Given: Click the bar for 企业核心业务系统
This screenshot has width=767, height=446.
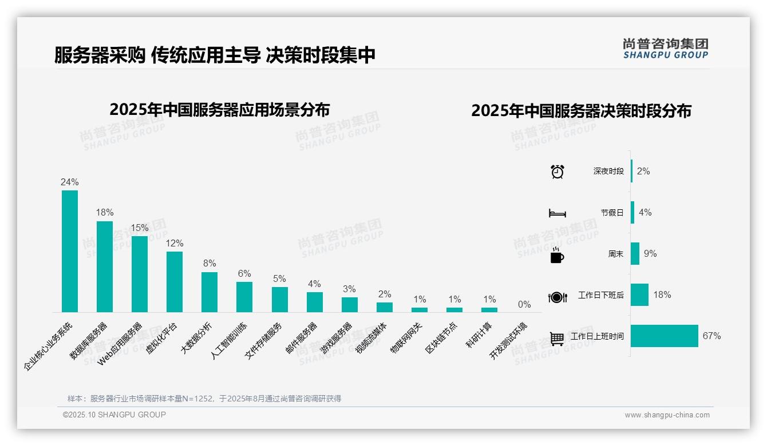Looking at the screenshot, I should coord(70,251).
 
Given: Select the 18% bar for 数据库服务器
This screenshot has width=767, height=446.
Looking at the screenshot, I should coord(105,266).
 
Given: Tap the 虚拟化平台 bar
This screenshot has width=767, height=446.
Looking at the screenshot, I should coord(175,281).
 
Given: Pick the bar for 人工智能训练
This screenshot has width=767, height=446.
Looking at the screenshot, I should coord(244,297).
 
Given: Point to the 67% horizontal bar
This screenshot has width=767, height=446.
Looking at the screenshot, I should coord(665,336).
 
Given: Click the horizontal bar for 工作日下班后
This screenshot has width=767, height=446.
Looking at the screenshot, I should coord(640,295).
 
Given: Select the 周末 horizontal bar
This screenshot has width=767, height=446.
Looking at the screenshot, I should coord(635,254).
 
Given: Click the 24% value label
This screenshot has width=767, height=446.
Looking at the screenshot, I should coord(70,182).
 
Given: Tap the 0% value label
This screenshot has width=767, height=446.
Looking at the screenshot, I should coord(524,305).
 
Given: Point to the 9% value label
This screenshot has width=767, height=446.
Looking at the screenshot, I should coord(650,254).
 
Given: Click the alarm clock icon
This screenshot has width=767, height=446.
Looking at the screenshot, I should coord(558,172).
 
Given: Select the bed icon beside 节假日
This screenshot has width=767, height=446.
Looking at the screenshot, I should coord(558,213).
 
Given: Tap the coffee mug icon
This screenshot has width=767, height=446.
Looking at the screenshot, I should coord(557,255).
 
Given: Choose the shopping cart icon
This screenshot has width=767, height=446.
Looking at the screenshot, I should coord(557,339).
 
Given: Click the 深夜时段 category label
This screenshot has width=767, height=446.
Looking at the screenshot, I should coord(608,172).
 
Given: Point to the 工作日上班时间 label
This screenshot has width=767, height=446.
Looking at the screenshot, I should coord(597,336).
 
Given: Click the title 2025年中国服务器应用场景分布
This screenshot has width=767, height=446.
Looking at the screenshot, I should coord(220,110).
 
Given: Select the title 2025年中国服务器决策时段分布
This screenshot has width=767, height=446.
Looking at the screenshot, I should coord(581,111).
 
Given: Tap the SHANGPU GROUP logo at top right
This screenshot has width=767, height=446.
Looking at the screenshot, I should coord(666,49).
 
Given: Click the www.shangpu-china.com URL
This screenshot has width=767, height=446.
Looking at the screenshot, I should coord(667,415).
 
